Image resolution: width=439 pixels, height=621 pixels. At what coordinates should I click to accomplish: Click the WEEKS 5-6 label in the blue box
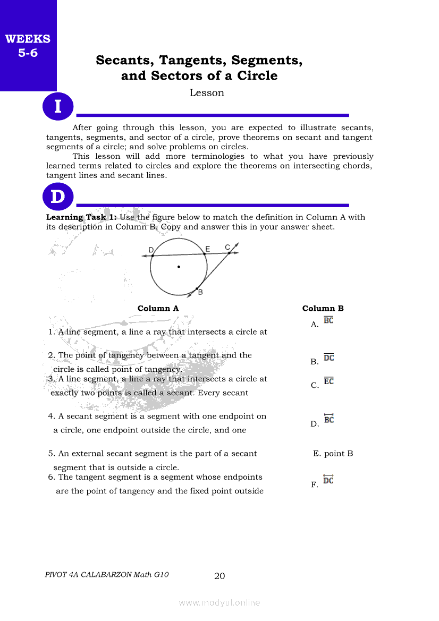pos(28,46)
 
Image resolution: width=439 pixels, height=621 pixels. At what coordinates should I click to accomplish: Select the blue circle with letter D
pos(57,197)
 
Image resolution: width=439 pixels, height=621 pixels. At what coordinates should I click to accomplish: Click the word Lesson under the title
pos(207,93)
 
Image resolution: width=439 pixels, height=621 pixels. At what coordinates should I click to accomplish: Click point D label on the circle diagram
pos(151,250)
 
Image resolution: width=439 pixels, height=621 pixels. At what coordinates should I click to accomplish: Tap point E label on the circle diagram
pos(207,249)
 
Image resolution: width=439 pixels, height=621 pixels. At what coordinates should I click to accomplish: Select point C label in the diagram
pos(227,246)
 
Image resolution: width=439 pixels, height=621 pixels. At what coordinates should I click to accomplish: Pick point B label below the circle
pos(200,292)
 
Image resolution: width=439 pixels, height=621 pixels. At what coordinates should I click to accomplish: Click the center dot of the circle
pos(179,267)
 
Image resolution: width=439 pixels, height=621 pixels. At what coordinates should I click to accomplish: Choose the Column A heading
pos(158,309)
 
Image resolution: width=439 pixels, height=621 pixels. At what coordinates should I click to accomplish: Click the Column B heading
pos(323,309)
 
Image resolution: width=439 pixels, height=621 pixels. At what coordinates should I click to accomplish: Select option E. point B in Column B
pos(333,454)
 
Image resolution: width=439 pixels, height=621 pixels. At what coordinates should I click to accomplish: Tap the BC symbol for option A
pos(328,320)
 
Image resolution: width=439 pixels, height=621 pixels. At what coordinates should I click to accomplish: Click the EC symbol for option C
pos(328,381)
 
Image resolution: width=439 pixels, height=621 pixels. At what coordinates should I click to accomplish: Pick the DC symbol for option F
pos(328,480)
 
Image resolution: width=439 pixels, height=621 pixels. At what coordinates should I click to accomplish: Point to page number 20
pos(219,576)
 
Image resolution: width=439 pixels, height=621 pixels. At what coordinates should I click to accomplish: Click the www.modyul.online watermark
pos(219,603)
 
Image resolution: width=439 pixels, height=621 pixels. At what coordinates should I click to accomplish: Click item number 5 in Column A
pos(51,454)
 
